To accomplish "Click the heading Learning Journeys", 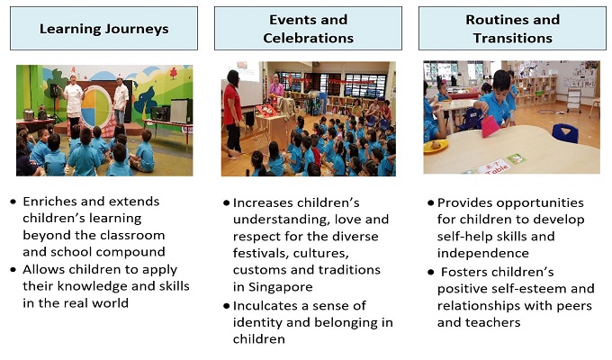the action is pos(103,29).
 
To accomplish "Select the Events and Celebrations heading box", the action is pos(308,29).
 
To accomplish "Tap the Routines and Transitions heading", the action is pos(512,29).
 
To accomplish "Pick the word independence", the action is pos(482,254).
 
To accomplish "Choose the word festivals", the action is pos(260,254).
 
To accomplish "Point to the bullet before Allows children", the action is pos(13,269).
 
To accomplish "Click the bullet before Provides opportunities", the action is pos(430,202).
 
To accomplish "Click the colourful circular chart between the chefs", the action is pos(96,106).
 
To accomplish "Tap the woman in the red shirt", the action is pos(232,114).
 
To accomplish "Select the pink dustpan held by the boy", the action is pos(490,126).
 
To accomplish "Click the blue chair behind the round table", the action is pos(565,133).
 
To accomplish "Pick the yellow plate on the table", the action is pos(436,148).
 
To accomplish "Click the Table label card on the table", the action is pos(494,167).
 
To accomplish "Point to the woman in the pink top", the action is pos(276,86).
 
